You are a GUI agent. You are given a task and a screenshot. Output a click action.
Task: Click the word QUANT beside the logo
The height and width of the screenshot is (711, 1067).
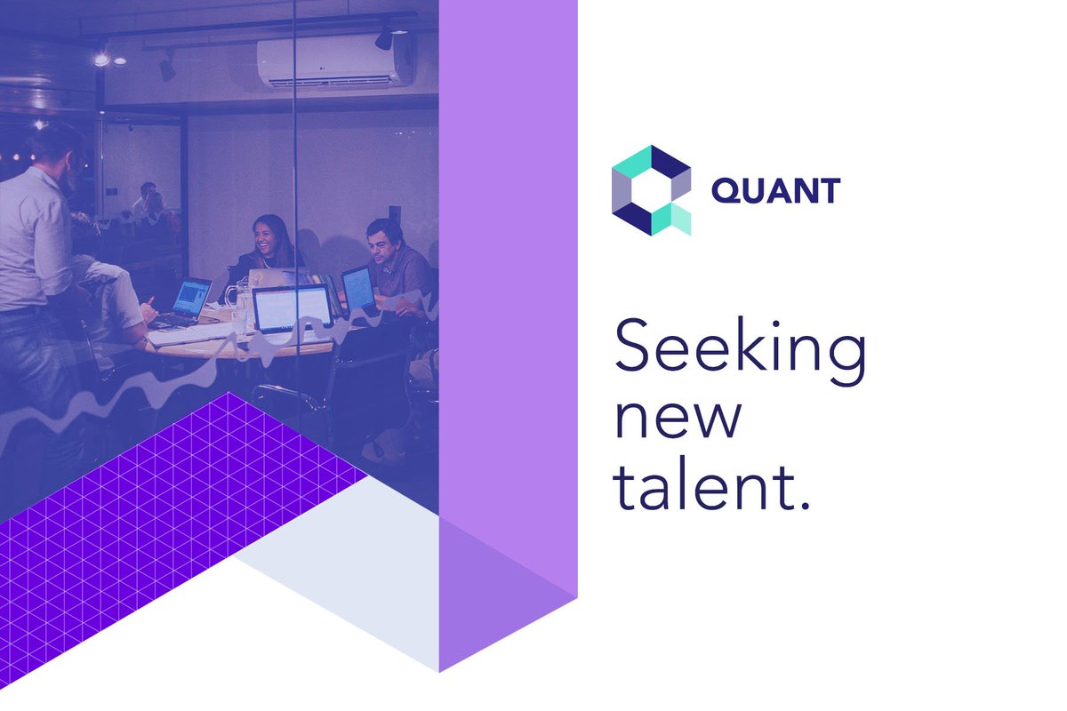[775, 190]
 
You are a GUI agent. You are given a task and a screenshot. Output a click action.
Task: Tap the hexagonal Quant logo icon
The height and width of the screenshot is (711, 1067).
[651, 190]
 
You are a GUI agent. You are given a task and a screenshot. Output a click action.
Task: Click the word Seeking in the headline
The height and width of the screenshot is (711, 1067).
[740, 348]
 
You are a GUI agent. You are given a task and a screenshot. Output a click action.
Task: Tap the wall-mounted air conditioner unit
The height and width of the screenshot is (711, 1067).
[336, 60]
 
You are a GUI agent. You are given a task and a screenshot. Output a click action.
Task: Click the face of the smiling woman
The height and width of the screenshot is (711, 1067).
[265, 236]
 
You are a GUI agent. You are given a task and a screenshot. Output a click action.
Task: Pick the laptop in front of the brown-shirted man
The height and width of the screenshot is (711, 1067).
[358, 288]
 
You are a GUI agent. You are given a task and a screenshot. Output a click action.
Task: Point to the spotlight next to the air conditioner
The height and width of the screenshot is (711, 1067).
[384, 37]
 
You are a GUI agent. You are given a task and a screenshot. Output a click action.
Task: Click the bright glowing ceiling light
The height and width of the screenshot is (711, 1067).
[101, 60]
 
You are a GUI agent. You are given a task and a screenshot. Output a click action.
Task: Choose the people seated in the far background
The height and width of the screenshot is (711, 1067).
[147, 204]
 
